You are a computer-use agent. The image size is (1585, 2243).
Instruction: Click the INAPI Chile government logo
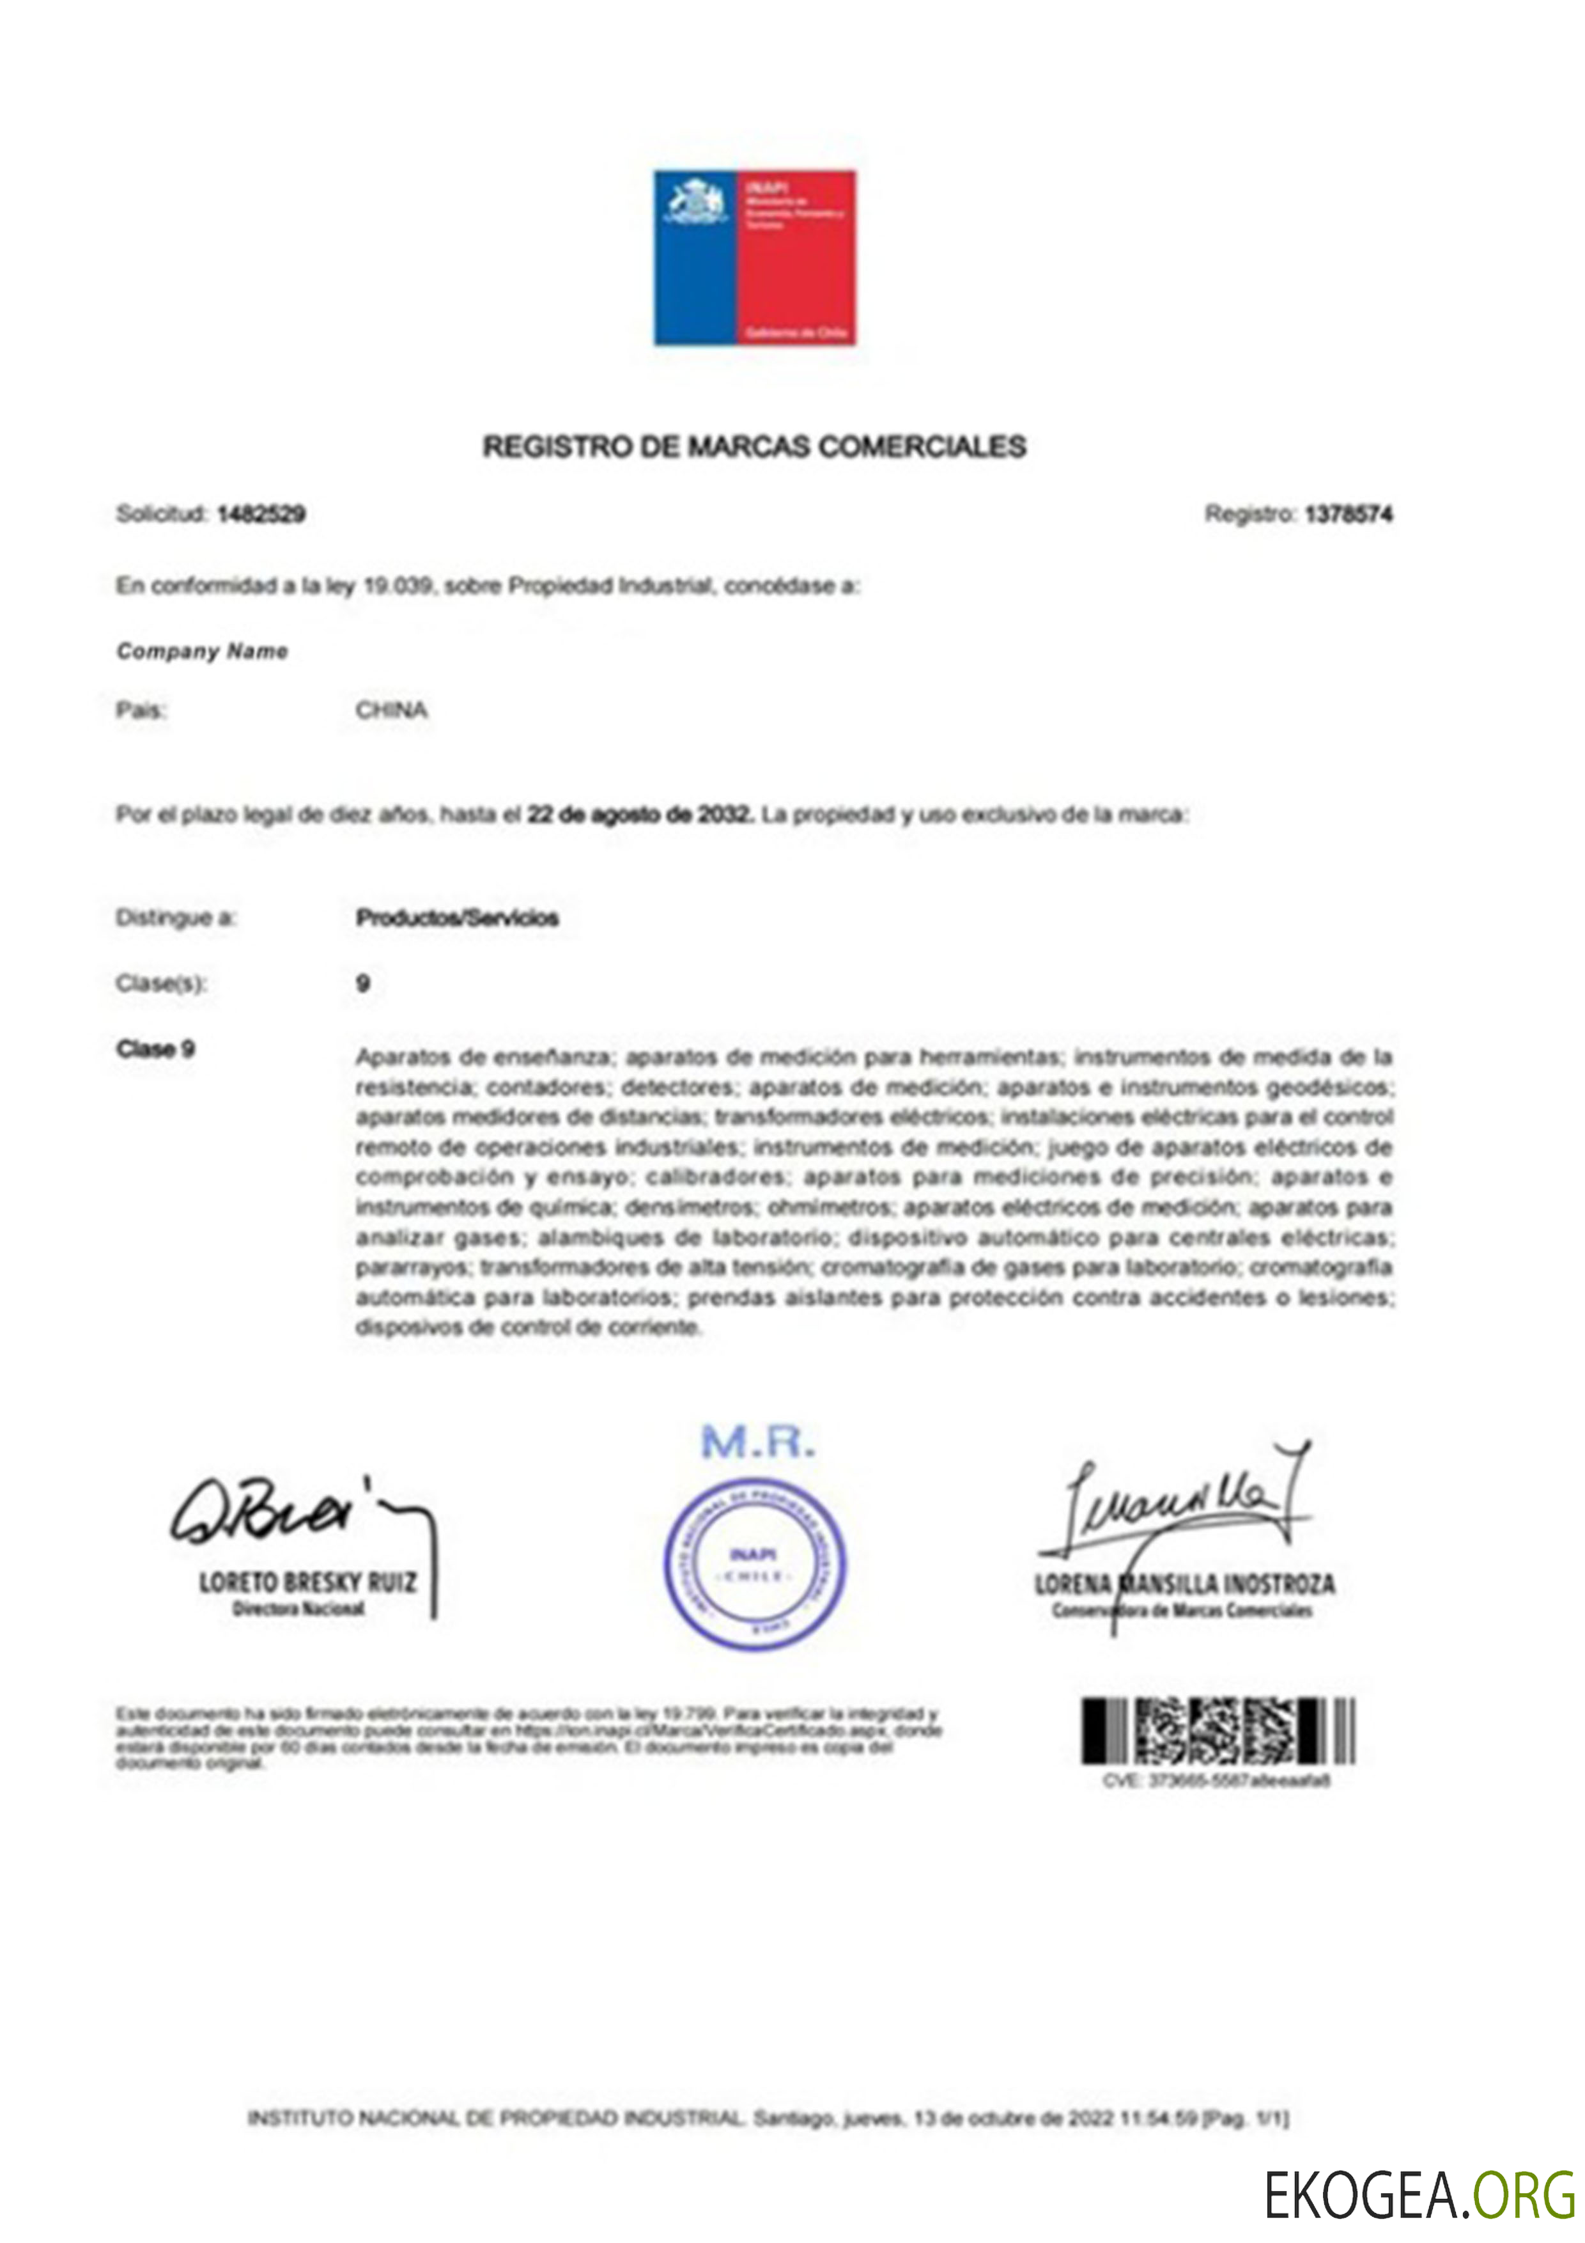coord(754,258)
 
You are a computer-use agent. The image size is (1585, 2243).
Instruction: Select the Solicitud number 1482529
coord(261,514)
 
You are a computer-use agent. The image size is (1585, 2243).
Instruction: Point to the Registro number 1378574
coord(1348,514)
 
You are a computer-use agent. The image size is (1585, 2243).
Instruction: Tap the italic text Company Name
coord(202,651)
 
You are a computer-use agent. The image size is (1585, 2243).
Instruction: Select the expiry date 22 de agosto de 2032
coord(640,814)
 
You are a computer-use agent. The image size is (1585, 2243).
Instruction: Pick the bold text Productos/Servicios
coord(457,918)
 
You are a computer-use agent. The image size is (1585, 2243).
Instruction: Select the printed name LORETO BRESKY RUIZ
coord(307,1582)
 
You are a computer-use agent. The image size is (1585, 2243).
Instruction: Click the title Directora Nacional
coord(299,1609)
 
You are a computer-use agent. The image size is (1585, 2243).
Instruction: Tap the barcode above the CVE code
coord(1217,1730)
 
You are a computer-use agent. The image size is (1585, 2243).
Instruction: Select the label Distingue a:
coord(176,918)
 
